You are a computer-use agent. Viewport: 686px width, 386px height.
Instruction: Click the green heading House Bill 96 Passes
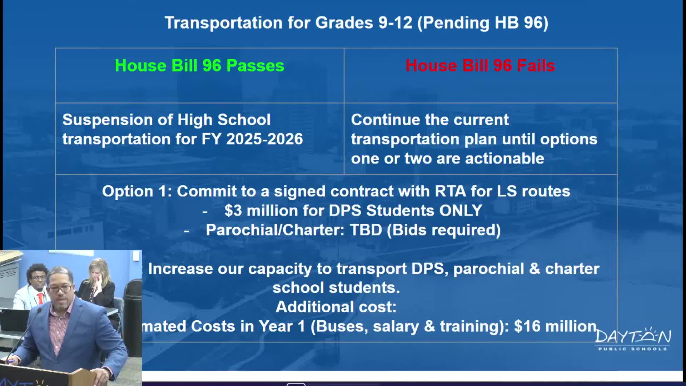[x=199, y=66]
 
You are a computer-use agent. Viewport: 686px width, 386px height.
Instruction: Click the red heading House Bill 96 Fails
[x=480, y=66]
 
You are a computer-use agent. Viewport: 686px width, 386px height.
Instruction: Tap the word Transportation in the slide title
[x=224, y=23]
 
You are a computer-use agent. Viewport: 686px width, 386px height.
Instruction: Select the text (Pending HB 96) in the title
[x=482, y=23]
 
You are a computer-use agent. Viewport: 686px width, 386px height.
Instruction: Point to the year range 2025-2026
[x=264, y=139]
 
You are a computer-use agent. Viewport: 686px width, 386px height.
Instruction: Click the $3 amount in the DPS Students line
[x=233, y=211]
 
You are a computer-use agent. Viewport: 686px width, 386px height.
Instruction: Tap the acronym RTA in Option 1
[x=450, y=191]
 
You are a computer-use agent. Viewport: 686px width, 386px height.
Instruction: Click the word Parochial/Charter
[x=275, y=230]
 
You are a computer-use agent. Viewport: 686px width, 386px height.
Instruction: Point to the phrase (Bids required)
[x=444, y=230]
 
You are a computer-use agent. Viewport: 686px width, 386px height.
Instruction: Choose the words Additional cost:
[x=336, y=307]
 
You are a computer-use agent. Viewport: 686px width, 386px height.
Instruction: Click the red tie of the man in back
[x=41, y=298]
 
